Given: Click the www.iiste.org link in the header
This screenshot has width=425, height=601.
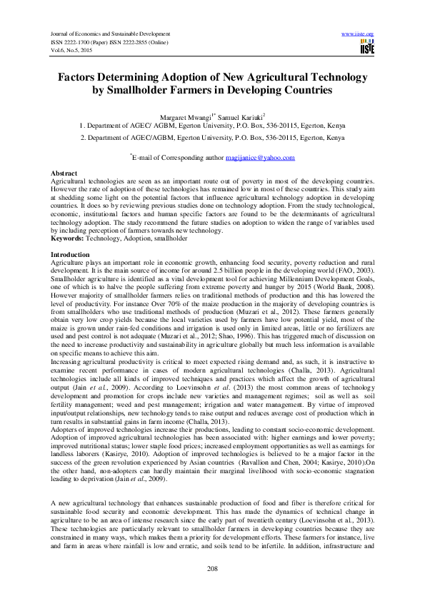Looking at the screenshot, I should tap(358, 34).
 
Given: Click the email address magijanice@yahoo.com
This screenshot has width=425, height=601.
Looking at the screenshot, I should tap(260, 158).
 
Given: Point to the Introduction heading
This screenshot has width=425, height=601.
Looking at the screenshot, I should tap(71, 255).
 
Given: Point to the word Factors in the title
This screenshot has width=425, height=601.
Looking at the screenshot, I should tap(81, 76).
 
